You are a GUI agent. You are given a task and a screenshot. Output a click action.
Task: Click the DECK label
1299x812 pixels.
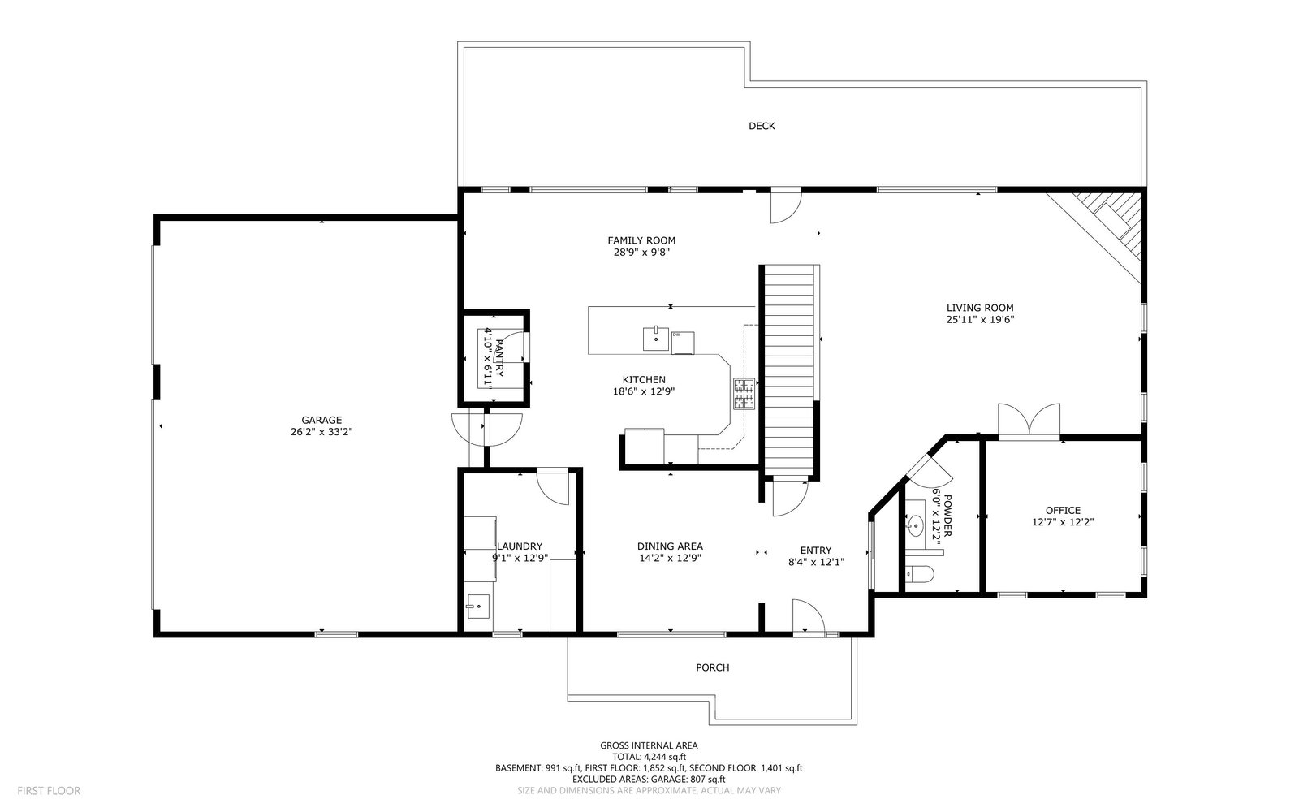tap(762, 126)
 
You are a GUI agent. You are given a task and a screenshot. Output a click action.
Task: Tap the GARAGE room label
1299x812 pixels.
tap(322, 420)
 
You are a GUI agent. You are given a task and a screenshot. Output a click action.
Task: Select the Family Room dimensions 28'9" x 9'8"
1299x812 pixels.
tap(641, 253)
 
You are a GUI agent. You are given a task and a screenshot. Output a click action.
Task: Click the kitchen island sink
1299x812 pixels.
tap(655, 339)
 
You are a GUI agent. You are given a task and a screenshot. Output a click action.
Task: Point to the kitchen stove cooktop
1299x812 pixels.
tap(744, 394)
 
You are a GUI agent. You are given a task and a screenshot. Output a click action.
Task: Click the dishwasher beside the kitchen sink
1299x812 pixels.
tap(683, 343)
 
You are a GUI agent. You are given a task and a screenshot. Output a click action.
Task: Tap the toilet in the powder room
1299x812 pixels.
tap(919, 574)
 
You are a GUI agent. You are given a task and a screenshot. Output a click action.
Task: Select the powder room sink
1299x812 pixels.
tap(915, 525)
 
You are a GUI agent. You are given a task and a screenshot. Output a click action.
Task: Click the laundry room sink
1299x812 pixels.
tap(478, 606)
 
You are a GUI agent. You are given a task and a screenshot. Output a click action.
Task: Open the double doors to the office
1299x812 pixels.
tap(1029, 420)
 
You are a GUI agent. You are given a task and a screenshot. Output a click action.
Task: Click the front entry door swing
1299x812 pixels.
tap(809, 617)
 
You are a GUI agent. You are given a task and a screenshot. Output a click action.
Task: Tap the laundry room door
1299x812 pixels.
tap(552, 486)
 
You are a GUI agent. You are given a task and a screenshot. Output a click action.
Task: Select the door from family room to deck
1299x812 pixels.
tap(786, 207)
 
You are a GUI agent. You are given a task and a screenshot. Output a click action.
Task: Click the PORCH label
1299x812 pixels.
tap(713, 667)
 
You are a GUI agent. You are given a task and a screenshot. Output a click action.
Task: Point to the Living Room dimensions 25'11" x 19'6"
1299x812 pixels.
tap(980, 320)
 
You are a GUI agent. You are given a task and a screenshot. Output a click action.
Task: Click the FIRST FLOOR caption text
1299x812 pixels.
tap(49, 791)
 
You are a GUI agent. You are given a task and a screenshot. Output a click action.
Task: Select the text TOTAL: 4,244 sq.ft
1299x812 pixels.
tap(649, 757)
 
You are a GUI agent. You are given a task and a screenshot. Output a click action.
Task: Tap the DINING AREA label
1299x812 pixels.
tap(670, 546)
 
